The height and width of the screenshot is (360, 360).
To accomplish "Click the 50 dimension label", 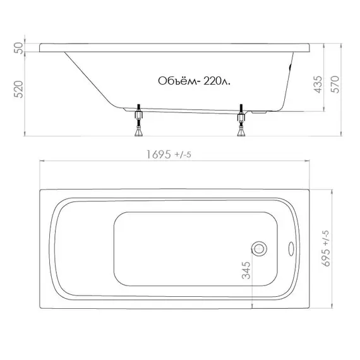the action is pos(20,48).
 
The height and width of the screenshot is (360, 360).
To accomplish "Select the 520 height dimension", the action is pos(19,89).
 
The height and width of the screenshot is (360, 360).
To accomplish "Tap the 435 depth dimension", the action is pos(318,85).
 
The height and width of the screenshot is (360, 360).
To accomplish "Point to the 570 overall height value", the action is pos(335,84).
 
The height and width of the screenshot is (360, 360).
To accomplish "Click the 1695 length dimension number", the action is pos(159,155).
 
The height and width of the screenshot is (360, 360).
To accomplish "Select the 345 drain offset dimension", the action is pos(246,270).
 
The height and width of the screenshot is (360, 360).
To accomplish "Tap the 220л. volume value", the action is pos(217,81).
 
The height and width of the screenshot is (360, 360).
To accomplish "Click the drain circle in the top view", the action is pos(259,249).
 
